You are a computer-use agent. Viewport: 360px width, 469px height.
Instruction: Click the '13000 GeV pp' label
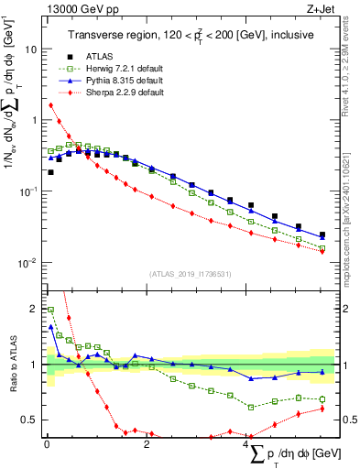click(x=76, y=9)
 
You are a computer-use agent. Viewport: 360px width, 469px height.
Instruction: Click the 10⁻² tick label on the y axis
click(x=27, y=263)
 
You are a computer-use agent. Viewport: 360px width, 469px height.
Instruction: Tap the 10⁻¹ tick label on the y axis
click(x=27, y=191)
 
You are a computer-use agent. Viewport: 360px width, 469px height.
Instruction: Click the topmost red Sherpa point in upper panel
click(x=51, y=105)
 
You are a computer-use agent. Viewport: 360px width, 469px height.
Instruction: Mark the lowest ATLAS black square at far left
click(x=51, y=172)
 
